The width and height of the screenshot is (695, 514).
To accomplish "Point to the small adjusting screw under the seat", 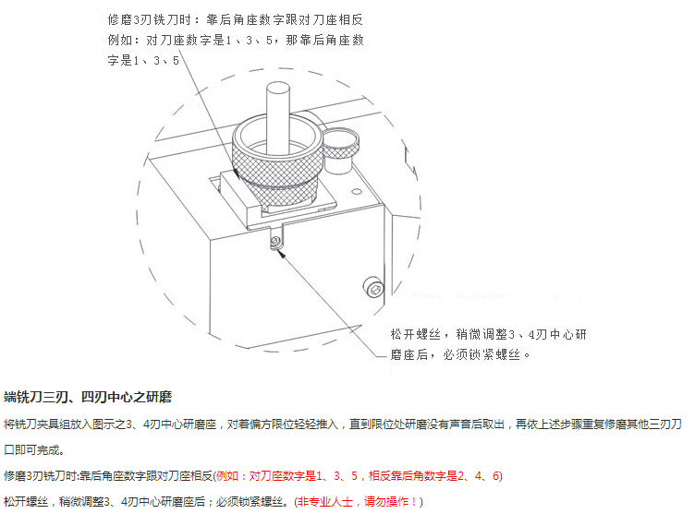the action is (x=275, y=241).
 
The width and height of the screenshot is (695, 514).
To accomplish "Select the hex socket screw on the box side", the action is (x=373, y=288).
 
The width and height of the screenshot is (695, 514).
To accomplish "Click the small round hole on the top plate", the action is (x=357, y=192).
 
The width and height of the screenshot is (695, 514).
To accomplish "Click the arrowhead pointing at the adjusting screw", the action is (x=281, y=253).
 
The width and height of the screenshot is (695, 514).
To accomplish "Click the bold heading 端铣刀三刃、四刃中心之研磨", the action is (x=88, y=397).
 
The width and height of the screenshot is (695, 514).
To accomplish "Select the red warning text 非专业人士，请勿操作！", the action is (x=358, y=502).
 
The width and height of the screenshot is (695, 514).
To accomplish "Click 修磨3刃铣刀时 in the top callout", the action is (x=150, y=20).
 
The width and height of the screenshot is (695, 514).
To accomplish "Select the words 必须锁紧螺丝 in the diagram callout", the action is (x=482, y=354).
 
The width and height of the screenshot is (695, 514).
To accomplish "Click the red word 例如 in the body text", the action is (x=227, y=476).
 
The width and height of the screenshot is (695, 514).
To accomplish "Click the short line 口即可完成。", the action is (x=34, y=450).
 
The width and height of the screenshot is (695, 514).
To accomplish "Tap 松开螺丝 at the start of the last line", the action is (x=26, y=502).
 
